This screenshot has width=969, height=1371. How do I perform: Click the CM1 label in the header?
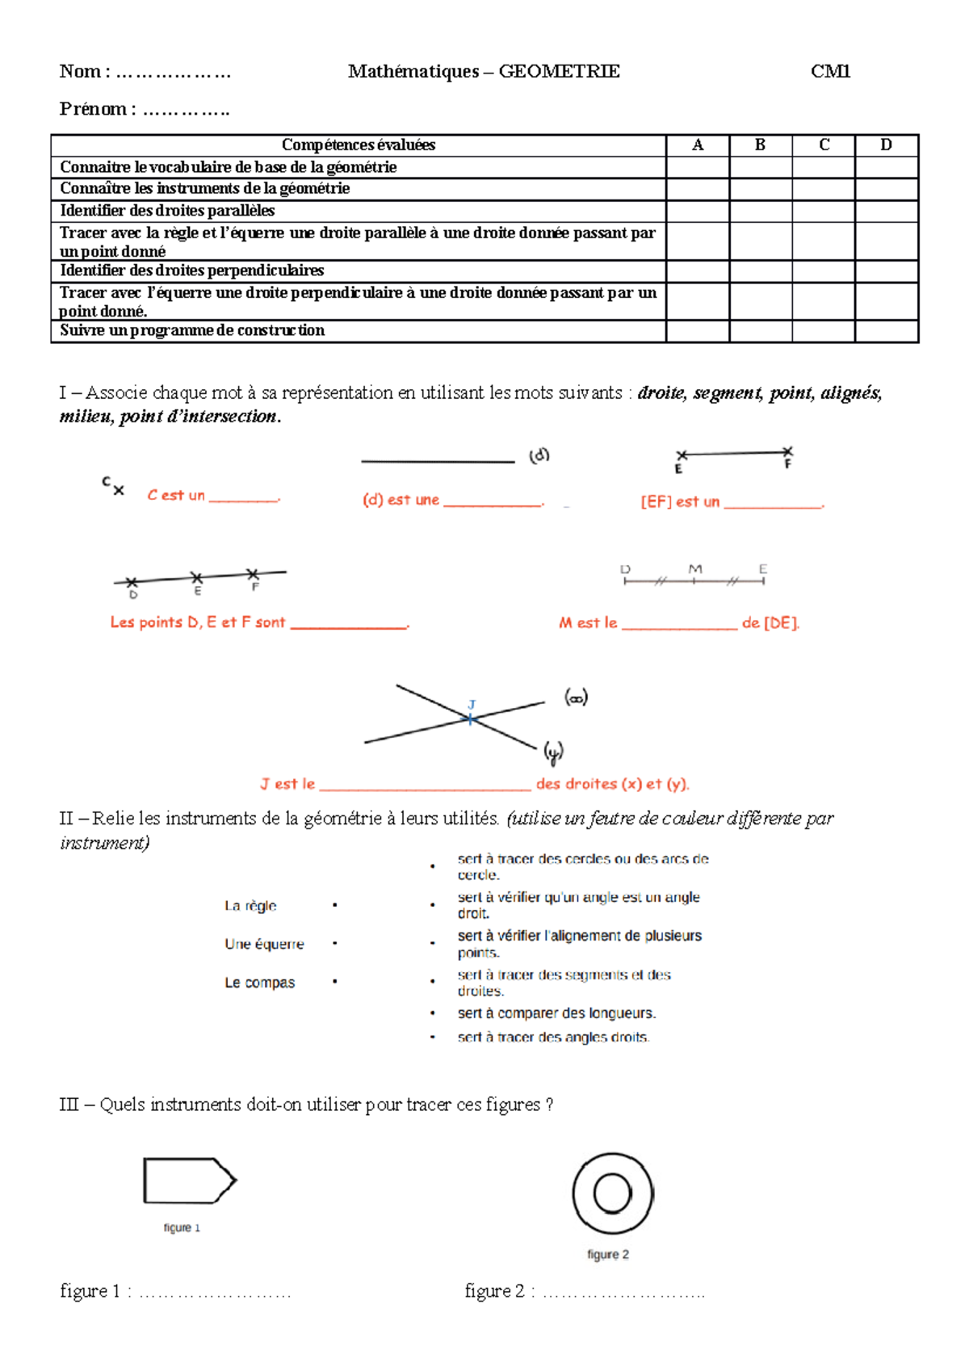point(830,72)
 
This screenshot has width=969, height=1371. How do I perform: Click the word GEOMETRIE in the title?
point(559,72)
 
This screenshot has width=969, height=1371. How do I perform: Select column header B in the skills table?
point(760,145)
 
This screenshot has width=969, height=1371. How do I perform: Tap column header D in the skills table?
point(886,145)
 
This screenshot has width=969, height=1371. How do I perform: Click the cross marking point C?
point(119,490)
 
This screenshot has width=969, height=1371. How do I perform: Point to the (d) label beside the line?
point(539,455)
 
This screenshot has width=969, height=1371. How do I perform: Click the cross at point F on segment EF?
point(787,452)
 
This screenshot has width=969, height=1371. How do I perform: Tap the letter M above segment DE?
point(694,569)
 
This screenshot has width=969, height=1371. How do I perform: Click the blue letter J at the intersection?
point(472,705)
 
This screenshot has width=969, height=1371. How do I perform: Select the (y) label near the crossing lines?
point(553,753)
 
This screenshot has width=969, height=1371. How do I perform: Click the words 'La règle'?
point(250,906)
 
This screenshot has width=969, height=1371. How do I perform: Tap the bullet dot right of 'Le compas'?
point(334,982)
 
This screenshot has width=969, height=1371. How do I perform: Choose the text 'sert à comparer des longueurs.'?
point(556,1013)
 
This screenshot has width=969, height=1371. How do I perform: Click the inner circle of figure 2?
point(612,1193)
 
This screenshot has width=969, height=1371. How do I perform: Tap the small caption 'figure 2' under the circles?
point(608,1255)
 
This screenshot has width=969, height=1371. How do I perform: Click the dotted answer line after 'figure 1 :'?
point(215,1293)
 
